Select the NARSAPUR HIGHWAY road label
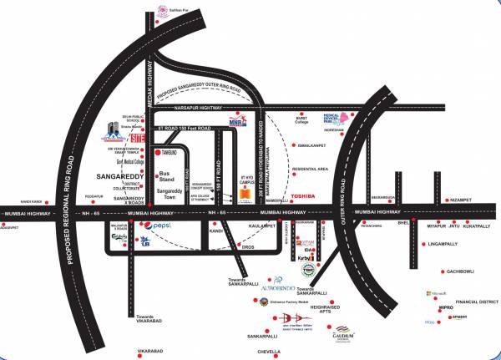coord(198,107)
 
